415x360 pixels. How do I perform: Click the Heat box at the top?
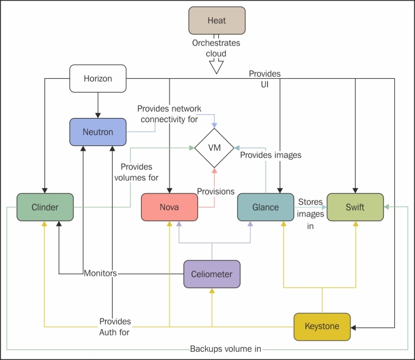click(x=216, y=21)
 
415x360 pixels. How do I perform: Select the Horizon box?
click(x=98, y=78)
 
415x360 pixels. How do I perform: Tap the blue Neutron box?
click(x=98, y=132)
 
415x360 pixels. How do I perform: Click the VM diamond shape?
click(x=214, y=148)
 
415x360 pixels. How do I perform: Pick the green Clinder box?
click(x=45, y=208)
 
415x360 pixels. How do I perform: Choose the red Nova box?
click(x=169, y=208)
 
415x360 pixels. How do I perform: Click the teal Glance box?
click(x=266, y=208)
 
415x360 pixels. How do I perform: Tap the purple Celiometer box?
click(x=212, y=274)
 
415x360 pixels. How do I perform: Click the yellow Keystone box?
click(x=322, y=327)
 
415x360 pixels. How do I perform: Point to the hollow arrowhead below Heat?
click(x=216, y=66)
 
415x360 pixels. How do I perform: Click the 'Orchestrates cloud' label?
click(x=216, y=48)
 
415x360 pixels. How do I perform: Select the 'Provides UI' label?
click(x=264, y=79)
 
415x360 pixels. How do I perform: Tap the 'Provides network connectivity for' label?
click(x=169, y=114)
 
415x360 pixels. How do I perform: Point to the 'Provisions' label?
click(x=216, y=192)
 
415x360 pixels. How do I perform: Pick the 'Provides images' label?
click(x=270, y=155)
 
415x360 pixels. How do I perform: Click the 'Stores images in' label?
click(x=311, y=214)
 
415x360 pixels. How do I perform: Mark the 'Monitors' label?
click(x=100, y=273)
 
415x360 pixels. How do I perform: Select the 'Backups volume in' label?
click(x=225, y=349)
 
